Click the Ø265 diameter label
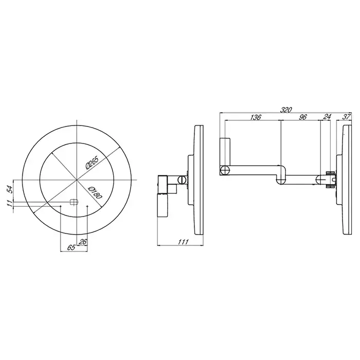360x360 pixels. click(92, 163)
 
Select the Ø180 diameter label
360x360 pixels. click(95, 193)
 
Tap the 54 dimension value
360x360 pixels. click(9, 190)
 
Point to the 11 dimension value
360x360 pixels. click(9, 203)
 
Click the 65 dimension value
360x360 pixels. click(71, 247)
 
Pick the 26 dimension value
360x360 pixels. click(82, 242)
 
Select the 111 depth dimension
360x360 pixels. click(183, 242)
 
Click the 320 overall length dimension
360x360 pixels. click(286, 110)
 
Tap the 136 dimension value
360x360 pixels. click(255, 117)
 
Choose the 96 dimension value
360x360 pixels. click(303, 117)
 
